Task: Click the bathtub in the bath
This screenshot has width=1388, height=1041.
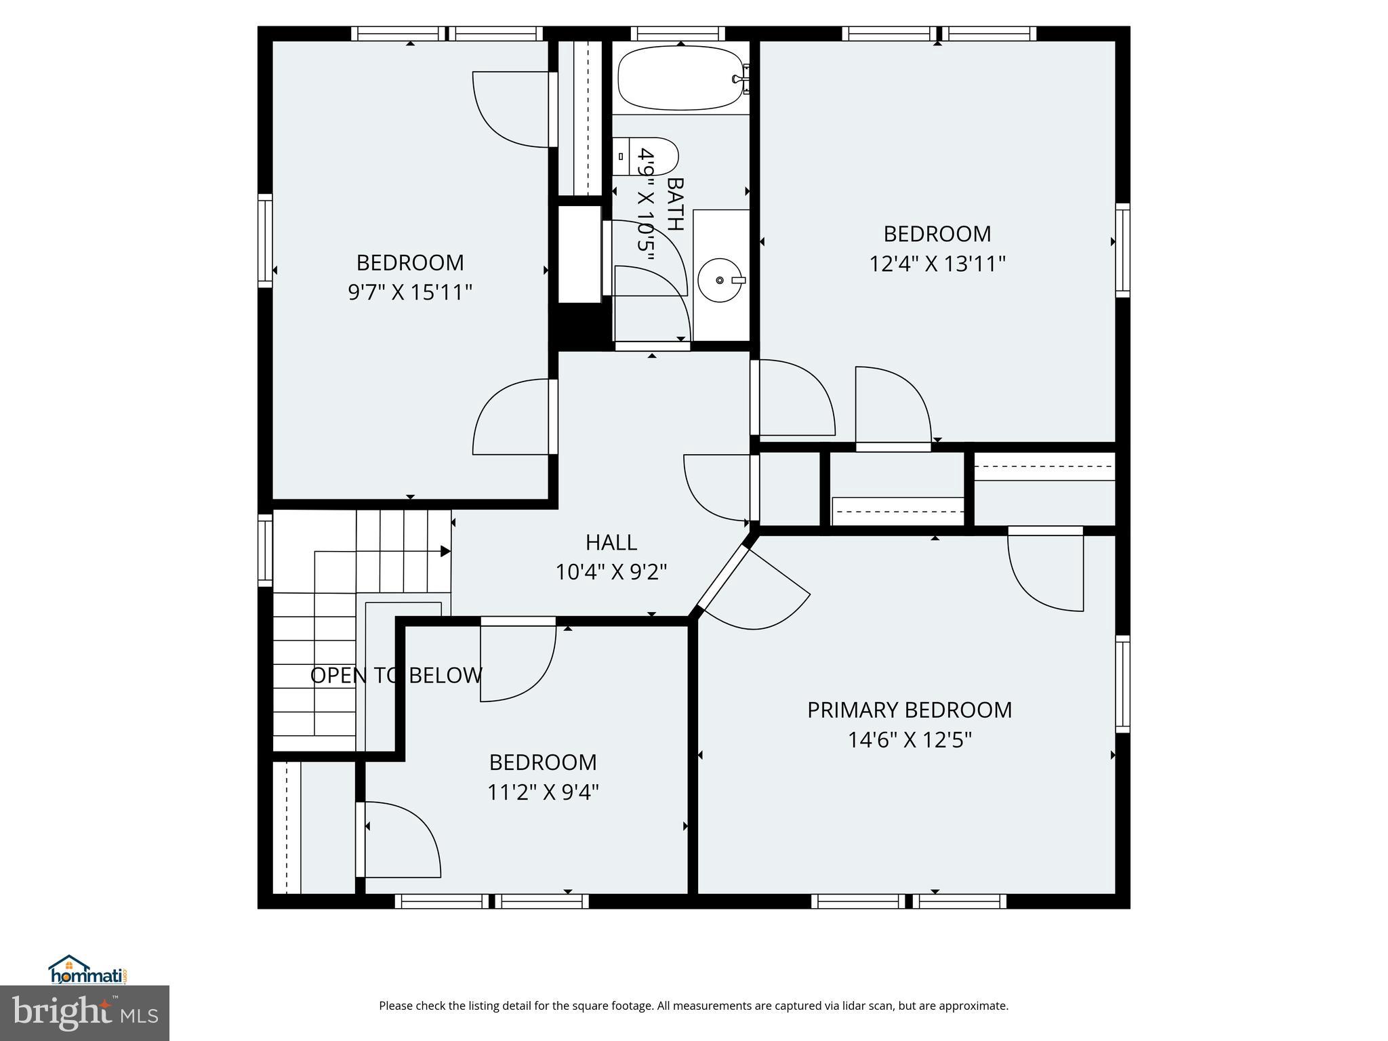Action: click(x=680, y=78)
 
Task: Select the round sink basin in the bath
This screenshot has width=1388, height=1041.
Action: click(x=720, y=280)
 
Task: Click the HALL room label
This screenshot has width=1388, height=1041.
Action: click(x=611, y=542)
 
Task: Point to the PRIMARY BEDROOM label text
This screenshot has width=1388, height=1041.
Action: click(x=910, y=710)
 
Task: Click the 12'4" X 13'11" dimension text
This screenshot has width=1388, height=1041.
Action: click(x=937, y=264)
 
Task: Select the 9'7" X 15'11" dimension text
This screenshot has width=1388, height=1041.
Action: click(x=410, y=292)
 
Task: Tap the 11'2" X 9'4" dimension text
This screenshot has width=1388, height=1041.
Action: click(x=543, y=792)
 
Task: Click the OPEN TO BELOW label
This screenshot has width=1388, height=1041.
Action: click(x=396, y=675)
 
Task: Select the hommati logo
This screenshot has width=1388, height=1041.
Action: click(x=88, y=970)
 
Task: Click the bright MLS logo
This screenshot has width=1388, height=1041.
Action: click(x=85, y=1012)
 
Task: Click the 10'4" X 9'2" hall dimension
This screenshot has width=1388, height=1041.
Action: click(x=611, y=572)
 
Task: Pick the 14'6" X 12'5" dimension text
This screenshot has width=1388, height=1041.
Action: click(x=910, y=739)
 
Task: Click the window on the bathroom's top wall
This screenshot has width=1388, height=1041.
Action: click(x=678, y=33)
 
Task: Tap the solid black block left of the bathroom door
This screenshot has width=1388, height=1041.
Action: click(x=580, y=327)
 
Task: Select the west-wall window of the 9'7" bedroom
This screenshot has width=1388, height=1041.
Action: click(x=265, y=241)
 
